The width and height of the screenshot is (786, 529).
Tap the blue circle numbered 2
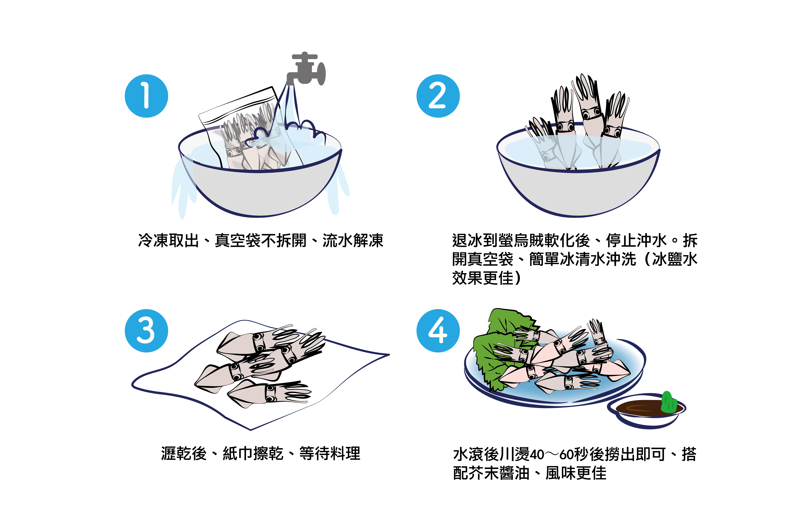pyautogui.click(x=438, y=96)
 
